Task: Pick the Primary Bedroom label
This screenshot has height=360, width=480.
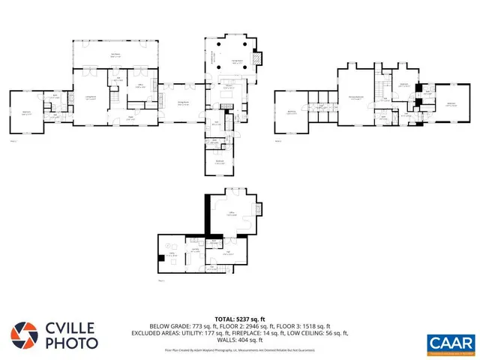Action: point(356,97)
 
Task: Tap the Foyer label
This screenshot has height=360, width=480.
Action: point(130,117)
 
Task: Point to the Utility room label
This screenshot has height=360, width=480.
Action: point(172,255)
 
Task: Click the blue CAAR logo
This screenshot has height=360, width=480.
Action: point(448,343)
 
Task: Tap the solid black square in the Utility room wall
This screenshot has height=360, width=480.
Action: point(162,258)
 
